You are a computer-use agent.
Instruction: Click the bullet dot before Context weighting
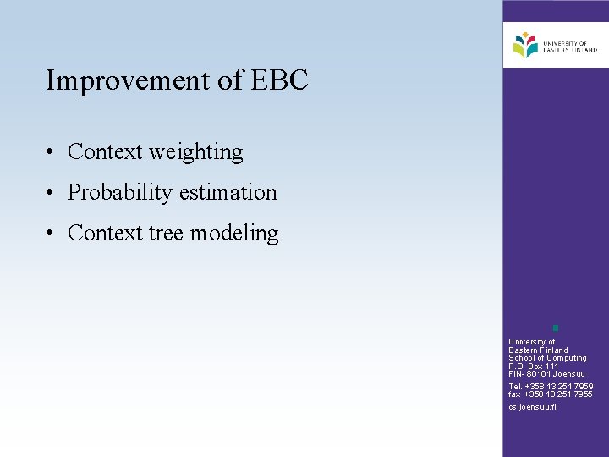52,153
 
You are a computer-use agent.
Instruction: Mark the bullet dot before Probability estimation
52,194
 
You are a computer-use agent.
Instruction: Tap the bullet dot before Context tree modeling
52,234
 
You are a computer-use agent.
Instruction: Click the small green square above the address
555,327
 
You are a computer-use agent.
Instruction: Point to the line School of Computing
547,358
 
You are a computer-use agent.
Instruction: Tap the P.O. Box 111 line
533,366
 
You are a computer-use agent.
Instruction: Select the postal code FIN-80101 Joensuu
546,374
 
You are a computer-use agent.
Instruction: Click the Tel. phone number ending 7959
551,387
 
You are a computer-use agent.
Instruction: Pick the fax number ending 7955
551,394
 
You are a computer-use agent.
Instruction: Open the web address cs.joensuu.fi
532,407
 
